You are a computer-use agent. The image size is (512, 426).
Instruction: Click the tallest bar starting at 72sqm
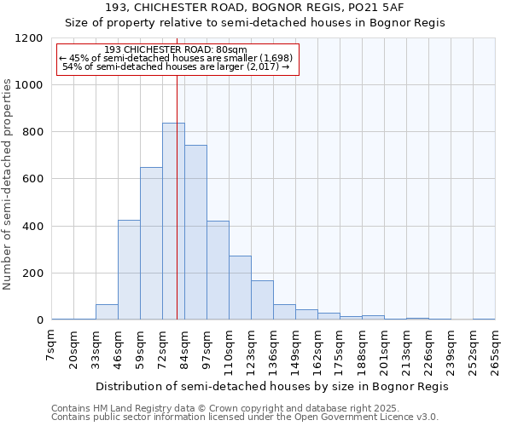[x=173, y=222]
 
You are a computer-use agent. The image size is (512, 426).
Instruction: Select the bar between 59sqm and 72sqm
[x=151, y=244]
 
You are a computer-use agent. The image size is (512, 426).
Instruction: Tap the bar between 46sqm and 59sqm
[x=129, y=270]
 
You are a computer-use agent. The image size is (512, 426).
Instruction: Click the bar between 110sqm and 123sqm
[x=240, y=288]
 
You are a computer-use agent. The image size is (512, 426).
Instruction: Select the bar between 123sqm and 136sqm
[x=262, y=300]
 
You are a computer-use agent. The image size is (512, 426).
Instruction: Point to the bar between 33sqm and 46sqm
[x=107, y=312]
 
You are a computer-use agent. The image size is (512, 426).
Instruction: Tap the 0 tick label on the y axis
[x=39, y=320]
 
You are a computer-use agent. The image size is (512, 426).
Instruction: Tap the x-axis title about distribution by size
[x=272, y=386]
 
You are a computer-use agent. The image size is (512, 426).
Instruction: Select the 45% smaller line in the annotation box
[x=177, y=58]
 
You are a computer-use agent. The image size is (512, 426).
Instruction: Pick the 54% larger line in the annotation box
[x=177, y=66]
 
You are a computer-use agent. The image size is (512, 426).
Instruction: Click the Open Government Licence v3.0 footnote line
[x=245, y=417]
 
